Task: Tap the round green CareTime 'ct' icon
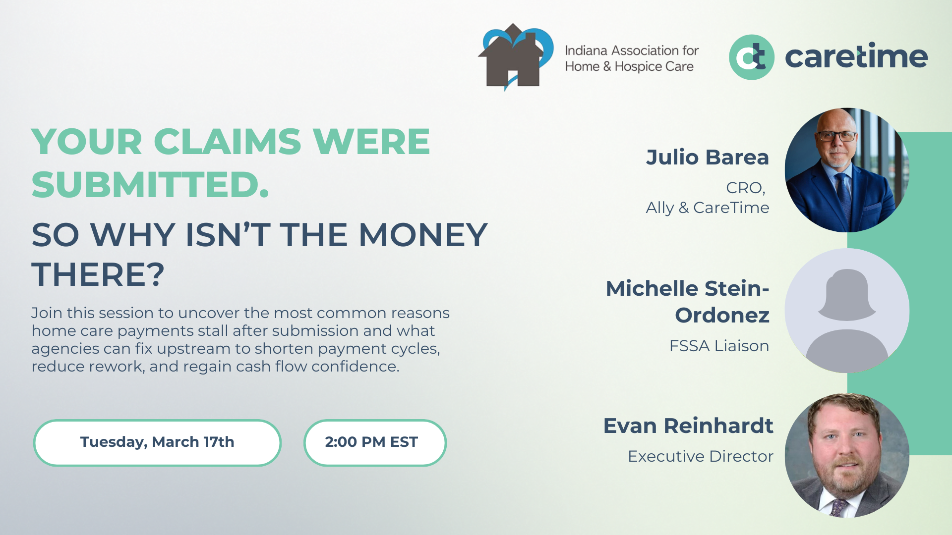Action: click(751, 57)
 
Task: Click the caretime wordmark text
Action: click(856, 57)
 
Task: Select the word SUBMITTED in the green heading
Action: click(150, 185)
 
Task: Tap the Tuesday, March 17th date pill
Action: click(157, 442)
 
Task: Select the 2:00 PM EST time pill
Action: click(374, 442)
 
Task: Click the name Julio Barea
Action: click(707, 158)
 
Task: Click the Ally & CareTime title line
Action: click(707, 208)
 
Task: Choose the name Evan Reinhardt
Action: click(688, 426)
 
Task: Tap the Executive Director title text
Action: click(700, 456)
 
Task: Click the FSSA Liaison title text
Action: click(719, 346)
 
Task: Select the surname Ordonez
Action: click(722, 316)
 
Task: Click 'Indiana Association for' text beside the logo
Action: click(632, 51)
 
